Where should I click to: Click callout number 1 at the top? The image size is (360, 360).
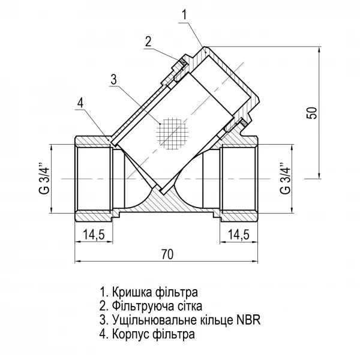pos(185,13)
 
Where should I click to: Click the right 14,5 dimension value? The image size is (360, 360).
pos(239,235)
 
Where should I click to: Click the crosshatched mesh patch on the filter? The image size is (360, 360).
pos(171,133)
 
